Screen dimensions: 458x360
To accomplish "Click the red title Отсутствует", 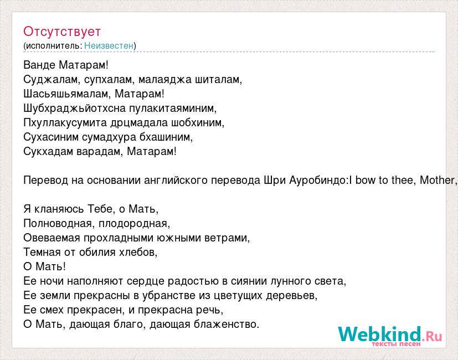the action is pyautogui.click(x=62, y=32).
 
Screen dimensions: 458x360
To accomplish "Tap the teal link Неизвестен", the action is pyautogui.click(x=109, y=45).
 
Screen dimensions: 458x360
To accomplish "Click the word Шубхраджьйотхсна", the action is pyautogui.click(x=74, y=109).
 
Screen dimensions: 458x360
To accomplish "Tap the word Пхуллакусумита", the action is pyautogui.click(x=65, y=123).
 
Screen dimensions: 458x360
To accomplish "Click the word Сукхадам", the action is pyautogui.click(x=48, y=151).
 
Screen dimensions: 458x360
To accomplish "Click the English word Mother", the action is pyautogui.click(x=436, y=180).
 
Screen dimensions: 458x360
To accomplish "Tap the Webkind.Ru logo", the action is pyautogui.click(x=390, y=336).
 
